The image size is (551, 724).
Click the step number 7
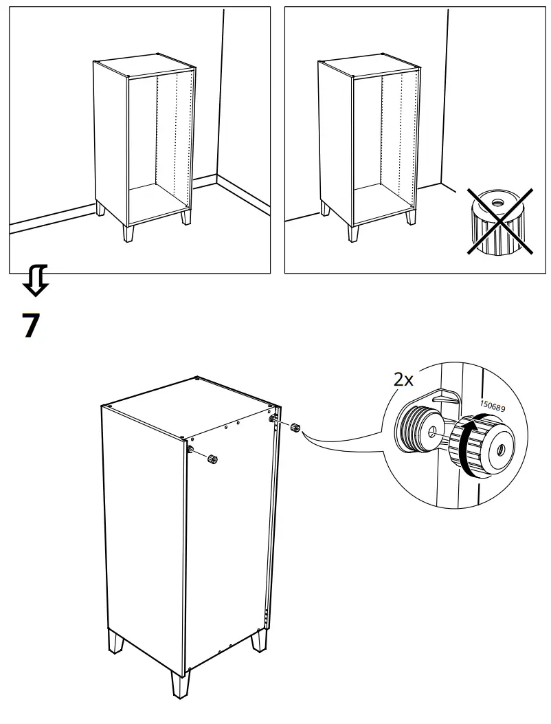[x=32, y=325]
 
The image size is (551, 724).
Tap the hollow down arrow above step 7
[x=35, y=281]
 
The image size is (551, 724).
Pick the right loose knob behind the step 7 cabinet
[x=296, y=427]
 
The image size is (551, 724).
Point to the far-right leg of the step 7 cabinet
[x=258, y=639]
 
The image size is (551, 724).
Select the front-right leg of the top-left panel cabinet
[x=186, y=218]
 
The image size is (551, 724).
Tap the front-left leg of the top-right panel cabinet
[x=354, y=232]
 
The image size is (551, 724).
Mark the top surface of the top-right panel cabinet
[x=368, y=66]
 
